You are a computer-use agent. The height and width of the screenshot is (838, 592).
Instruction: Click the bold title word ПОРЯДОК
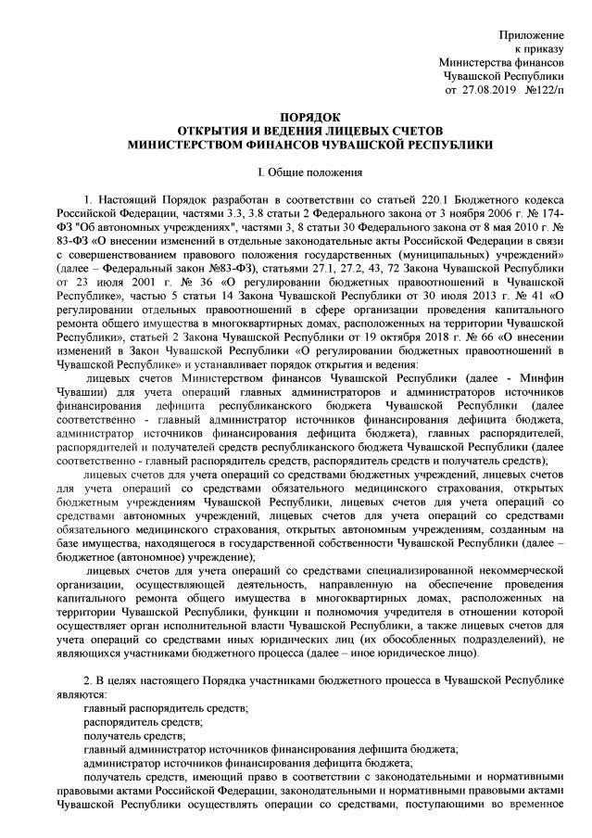point(296,118)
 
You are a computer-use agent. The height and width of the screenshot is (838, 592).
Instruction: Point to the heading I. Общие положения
point(296,171)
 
